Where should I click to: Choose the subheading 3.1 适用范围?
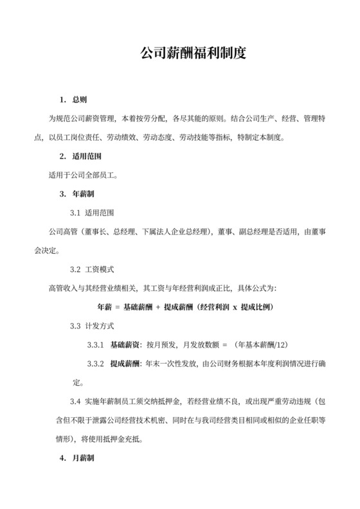click(93, 212)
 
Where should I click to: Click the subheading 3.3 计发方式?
click(93, 326)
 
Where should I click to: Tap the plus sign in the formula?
click(157, 307)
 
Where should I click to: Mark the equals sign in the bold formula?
click(118, 307)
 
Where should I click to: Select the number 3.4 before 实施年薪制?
click(75, 402)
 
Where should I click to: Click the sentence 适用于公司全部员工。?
click(77, 174)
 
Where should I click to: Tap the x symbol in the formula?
click(235, 307)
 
